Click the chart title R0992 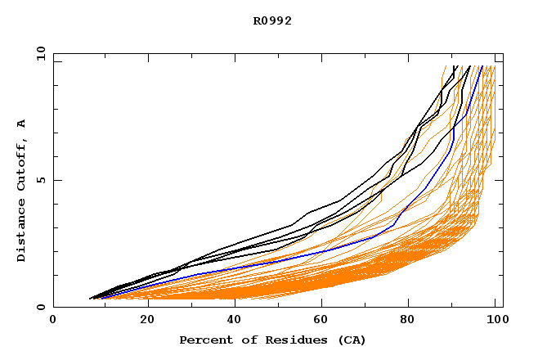[272, 20]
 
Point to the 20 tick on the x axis [148, 321]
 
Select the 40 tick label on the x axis [236, 321]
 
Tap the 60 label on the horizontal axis [325, 321]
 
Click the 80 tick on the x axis [414, 321]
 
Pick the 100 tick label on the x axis [495, 321]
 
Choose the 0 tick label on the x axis [53, 321]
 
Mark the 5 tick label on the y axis [40, 180]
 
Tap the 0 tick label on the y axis [40, 308]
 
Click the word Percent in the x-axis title [203, 340]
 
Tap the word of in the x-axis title [243, 340]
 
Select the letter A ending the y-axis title [21, 123]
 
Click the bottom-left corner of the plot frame [53, 308]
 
